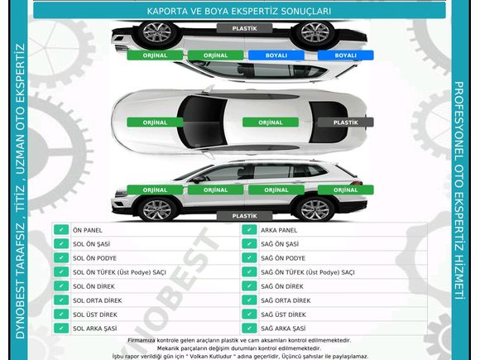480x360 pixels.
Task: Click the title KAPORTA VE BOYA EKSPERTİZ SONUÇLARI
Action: pyautogui.click(x=239, y=12)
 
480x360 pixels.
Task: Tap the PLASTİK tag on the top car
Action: pyautogui.click(x=244, y=28)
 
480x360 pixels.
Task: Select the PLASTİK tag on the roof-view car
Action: pyautogui.click(x=345, y=122)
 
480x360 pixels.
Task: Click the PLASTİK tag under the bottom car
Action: pyautogui.click(x=244, y=216)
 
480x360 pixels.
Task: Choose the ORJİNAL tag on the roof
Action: pyautogui.click(x=271, y=122)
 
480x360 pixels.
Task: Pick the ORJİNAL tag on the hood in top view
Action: pyautogui.click(x=155, y=122)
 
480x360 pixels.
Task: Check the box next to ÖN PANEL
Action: pyautogui.click(x=61, y=229)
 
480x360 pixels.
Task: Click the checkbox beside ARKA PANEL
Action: pyautogui.click(x=249, y=229)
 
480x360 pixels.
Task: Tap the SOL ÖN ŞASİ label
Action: pyautogui.click(x=91, y=244)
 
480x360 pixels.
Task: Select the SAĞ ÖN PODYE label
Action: pyautogui.click(x=283, y=258)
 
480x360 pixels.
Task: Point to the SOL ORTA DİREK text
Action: pyautogui.click(x=98, y=300)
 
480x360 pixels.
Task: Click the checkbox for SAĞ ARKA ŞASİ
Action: pyautogui.click(x=249, y=329)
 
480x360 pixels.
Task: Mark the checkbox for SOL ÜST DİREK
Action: pyautogui.click(x=61, y=314)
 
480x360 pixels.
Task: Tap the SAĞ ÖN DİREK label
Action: pyautogui.click(x=282, y=286)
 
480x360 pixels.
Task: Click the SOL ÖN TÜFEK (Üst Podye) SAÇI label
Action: pyautogui.click(x=119, y=272)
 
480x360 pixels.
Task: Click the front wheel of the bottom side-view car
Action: pyautogui.click(x=157, y=209)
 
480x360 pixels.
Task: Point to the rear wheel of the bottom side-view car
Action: pyautogui.click(x=314, y=209)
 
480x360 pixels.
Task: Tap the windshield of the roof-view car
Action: pyautogui.click(x=202, y=122)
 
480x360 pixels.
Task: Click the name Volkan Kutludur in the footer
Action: pyautogui.click(x=223, y=357)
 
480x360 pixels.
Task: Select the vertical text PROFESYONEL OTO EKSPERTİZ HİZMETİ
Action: pyautogui.click(x=458, y=190)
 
